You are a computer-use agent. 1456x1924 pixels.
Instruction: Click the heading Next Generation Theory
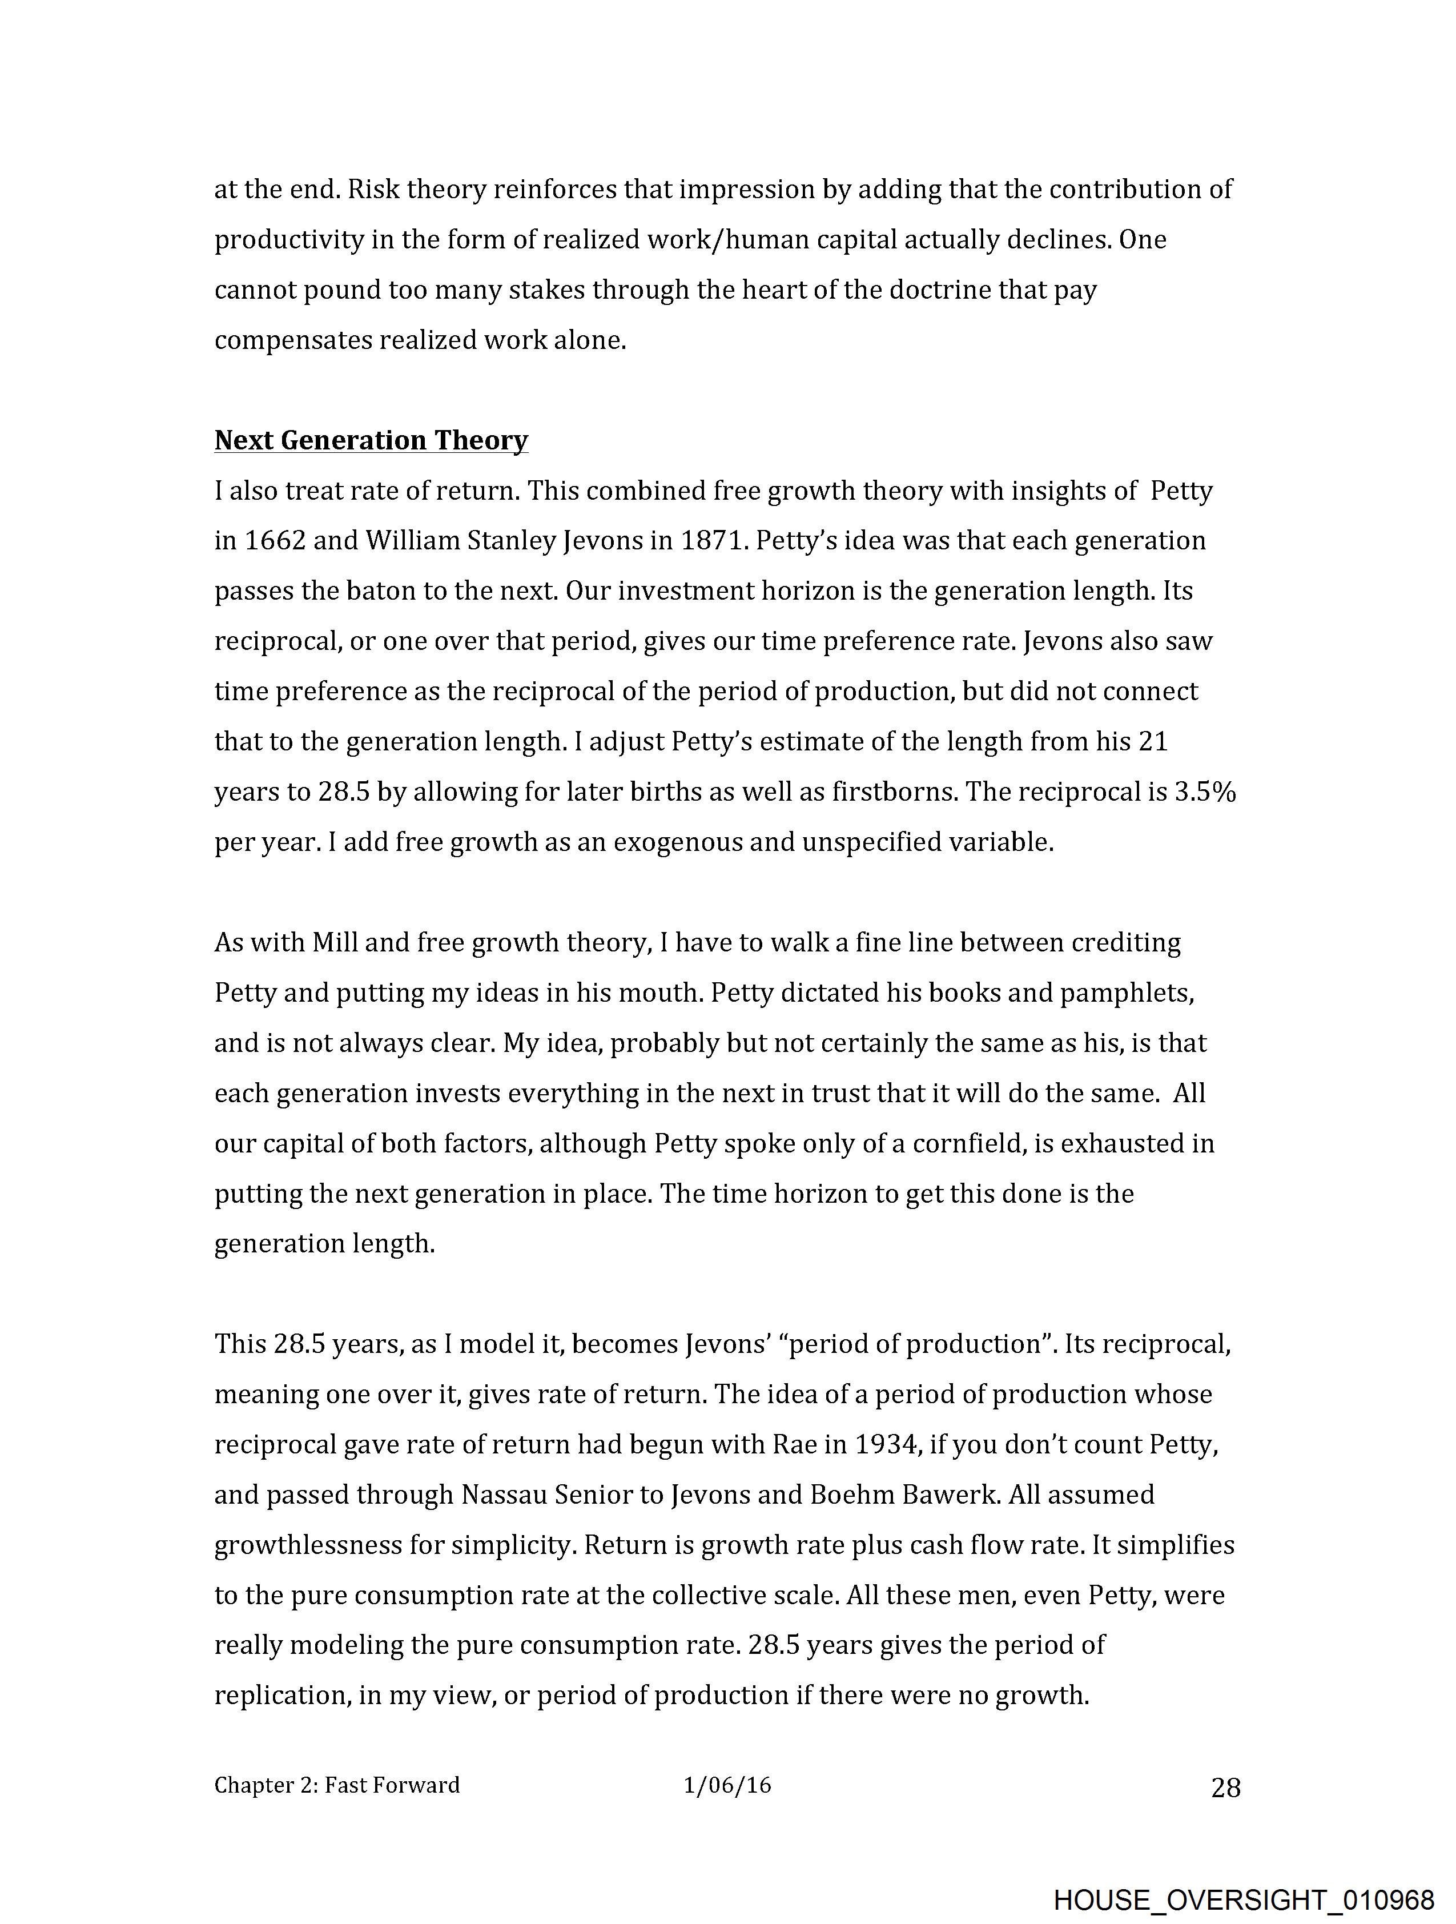(x=371, y=440)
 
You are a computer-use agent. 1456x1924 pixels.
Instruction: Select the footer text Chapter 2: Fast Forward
(x=337, y=1785)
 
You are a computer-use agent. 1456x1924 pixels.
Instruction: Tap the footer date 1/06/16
(x=727, y=1785)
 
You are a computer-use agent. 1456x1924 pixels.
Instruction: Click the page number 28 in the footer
(x=1225, y=1788)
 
